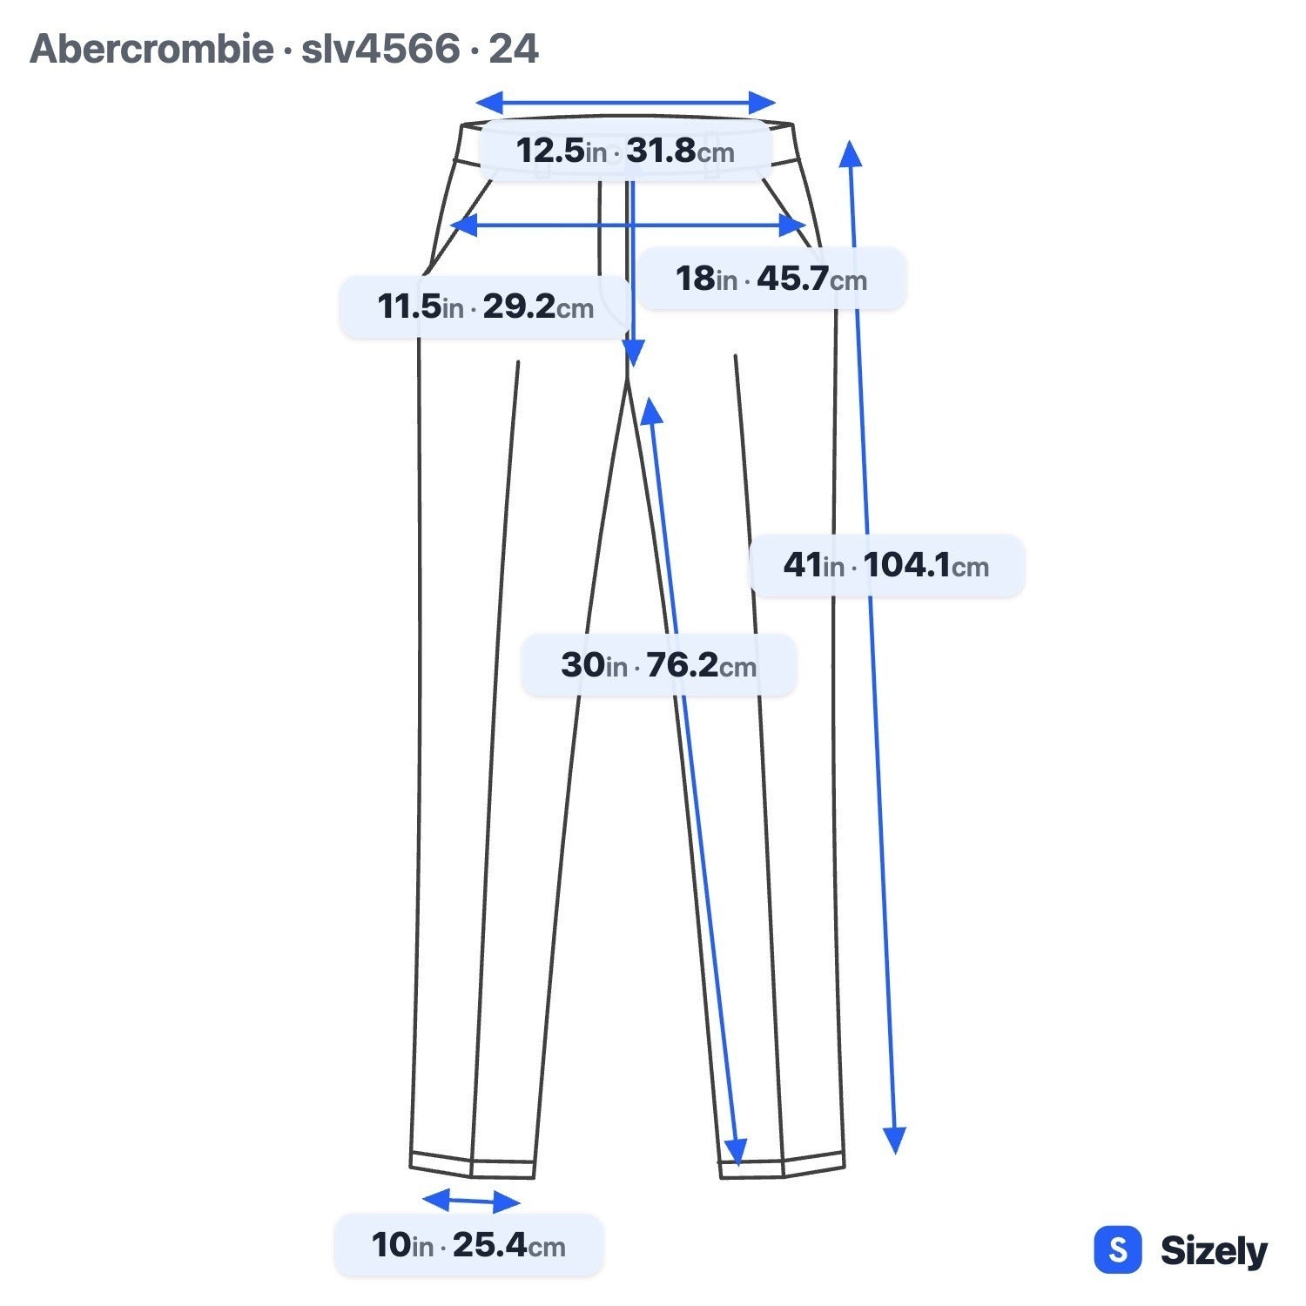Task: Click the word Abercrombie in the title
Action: click(151, 49)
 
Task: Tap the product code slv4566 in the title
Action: click(380, 49)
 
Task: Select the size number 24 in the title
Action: click(513, 49)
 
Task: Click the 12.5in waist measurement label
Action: click(625, 151)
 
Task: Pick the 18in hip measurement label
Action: click(771, 279)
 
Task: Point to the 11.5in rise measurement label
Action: click(485, 306)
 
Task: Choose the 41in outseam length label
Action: click(886, 565)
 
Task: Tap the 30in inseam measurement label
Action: click(658, 665)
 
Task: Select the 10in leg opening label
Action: click(468, 1245)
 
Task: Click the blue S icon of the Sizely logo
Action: click(1117, 1250)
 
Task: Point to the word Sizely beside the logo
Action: click(1214, 1251)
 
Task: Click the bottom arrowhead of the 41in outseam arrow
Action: click(894, 1141)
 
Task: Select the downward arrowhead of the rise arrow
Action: click(633, 353)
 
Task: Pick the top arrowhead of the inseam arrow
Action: click(651, 411)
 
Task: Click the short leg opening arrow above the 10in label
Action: click(471, 1202)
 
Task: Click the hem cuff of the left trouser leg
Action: click(472, 1165)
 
